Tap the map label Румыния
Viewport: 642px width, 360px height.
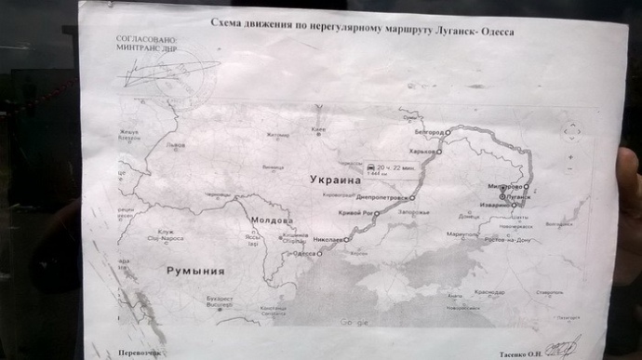195,271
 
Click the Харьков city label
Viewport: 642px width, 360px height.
423,152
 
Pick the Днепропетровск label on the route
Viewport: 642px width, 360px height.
378,198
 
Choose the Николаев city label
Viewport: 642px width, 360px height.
329,240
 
